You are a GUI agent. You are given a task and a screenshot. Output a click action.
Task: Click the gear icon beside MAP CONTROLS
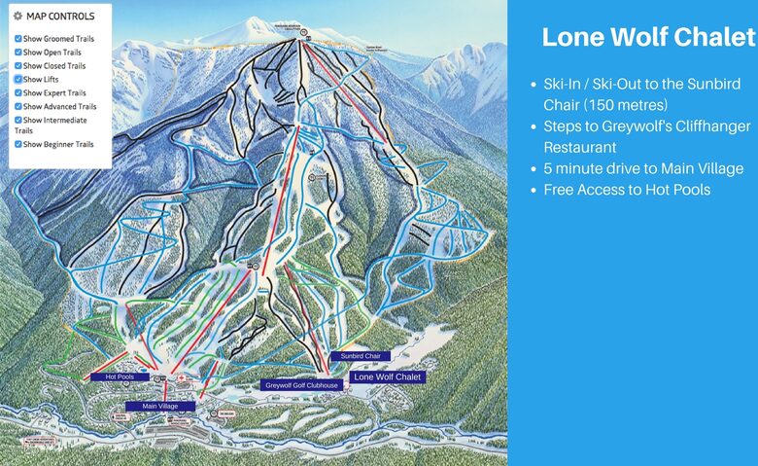point(18,17)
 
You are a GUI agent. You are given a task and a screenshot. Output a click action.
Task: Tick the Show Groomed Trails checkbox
point(18,39)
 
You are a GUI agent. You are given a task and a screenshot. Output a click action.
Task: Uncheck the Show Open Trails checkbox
point(18,53)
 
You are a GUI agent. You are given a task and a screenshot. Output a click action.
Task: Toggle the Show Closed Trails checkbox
point(18,66)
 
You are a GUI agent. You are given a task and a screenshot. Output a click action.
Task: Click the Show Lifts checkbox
point(18,80)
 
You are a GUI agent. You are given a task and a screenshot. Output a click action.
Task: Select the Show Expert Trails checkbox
point(18,93)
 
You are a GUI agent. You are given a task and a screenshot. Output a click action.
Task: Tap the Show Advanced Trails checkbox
point(18,107)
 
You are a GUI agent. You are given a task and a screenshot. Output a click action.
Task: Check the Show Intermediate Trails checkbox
point(18,121)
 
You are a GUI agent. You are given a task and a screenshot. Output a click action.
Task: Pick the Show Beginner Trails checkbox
point(18,144)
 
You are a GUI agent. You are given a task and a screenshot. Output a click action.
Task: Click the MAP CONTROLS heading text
point(60,17)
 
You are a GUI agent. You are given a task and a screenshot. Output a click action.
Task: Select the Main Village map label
point(160,406)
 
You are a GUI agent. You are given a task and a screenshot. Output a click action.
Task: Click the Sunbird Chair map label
point(359,357)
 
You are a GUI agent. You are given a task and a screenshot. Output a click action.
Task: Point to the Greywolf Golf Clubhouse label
point(302,385)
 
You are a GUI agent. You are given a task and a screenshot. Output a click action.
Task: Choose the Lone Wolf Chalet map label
point(388,376)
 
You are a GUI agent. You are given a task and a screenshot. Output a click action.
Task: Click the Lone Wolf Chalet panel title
point(648,38)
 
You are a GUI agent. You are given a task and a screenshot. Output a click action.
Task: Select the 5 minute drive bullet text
point(643,168)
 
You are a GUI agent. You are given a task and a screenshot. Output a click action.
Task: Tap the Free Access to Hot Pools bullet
point(627,190)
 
